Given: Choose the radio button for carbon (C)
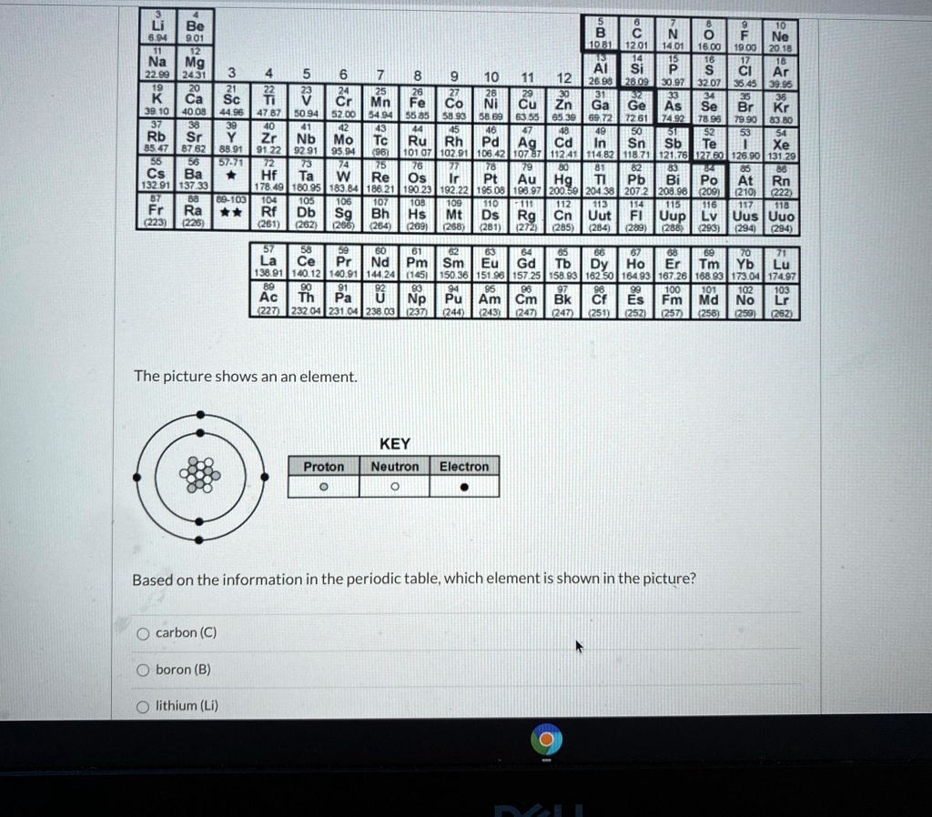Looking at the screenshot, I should coord(142,632).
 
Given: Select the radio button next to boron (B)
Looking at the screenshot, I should coord(142,670).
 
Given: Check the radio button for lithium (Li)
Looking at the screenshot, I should coord(142,706).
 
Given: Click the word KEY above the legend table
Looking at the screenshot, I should coord(394,444).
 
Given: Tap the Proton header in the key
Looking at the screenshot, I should coord(324,467).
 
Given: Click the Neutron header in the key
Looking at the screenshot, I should coord(395,467).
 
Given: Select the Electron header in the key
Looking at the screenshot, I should coord(464,467).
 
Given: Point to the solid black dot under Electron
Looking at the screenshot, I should coord(464,486).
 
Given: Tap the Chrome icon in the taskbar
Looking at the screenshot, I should coord(548,742).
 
